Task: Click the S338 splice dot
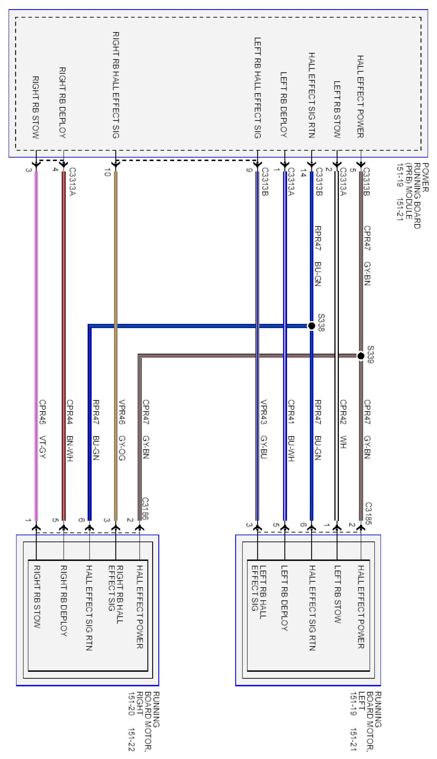pyautogui.click(x=312, y=325)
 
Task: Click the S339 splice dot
pyautogui.click(x=361, y=356)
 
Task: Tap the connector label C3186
pyautogui.click(x=145, y=508)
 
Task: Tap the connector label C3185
pyautogui.click(x=369, y=514)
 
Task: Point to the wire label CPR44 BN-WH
pyautogui.click(x=70, y=430)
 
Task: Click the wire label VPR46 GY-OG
pyautogui.click(x=122, y=430)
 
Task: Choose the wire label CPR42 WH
pyautogui.click(x=343, y=424)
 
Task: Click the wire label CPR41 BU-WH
pyautogui.click(x=291, y=430)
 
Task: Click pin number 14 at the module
pyautogui.click(x=303, y=173)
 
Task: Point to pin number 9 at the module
pyautogui.click(x=248, y=170)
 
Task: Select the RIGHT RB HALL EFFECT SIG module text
pyautogui.click(x=116, y=85)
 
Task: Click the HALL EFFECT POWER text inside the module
pyautogui.click(x=360, y=96)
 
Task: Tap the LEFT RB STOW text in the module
pyautogui.click(x=337, y=109)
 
